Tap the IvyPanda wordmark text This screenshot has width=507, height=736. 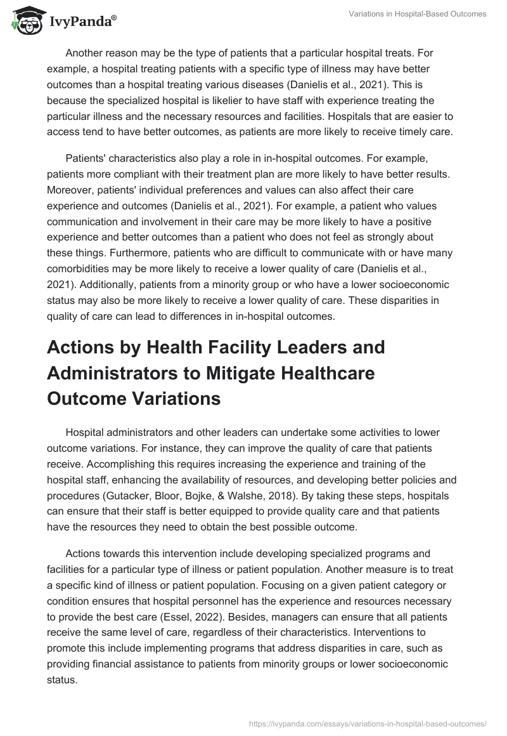(x=80, y=22)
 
